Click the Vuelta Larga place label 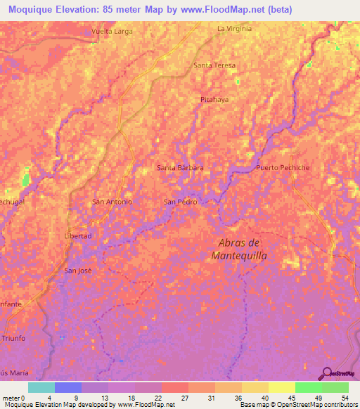[112, 32]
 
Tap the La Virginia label [234, 29]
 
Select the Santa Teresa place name [214, 65]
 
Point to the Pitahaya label [214, 100]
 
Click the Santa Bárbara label [180, 168]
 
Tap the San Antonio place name [112, 202]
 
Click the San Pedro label [180, 202]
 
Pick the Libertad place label [78, 236]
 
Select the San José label [78, 271]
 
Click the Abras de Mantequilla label [239, 249]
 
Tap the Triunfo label [13, 339]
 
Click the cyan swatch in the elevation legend [41, 387]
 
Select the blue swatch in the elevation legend [67, 387]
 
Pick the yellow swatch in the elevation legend [281, 387]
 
